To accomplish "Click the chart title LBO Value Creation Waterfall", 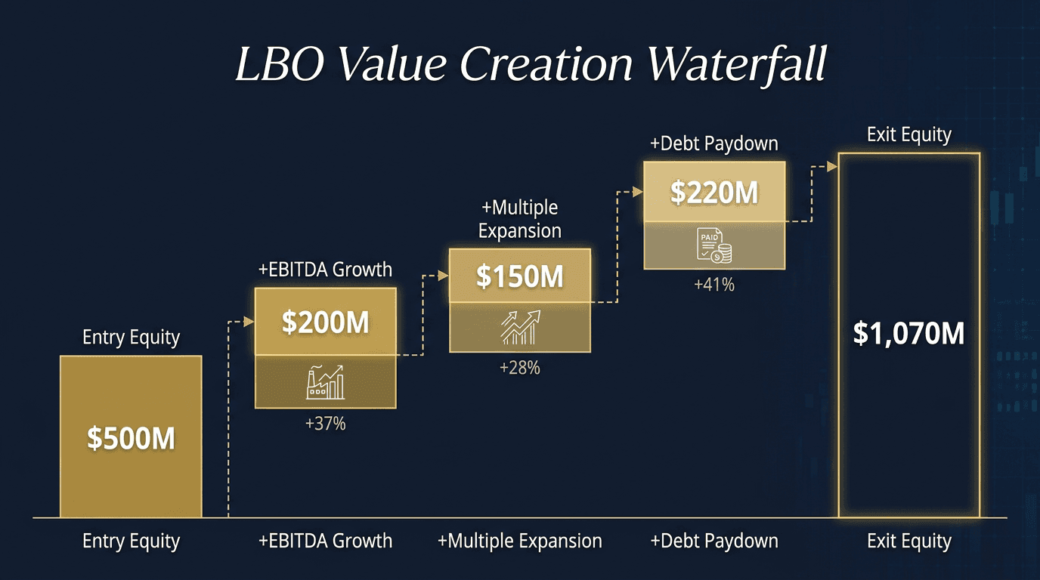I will (x=531, y=63).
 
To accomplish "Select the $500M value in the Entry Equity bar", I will (x=131, y=438).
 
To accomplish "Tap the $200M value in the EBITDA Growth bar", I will (x=325, y=322).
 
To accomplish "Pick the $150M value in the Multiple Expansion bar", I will (x=519, y=276).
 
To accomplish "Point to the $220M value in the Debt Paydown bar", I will (x=713, y=193).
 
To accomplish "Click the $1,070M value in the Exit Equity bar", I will (x=908, y=333).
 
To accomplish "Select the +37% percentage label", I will (x=325, y=424).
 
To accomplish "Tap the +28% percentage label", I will (x=519, y=369).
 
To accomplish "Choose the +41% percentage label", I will (x=713, y=285).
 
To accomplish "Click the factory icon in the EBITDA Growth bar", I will (x=325, y=382).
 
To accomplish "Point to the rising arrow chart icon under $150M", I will (x=520, y=326).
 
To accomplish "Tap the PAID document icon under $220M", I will (x=713, y=245).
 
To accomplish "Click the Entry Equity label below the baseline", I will (x=131, y=541).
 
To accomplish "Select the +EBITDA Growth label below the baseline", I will (x=325, y=541).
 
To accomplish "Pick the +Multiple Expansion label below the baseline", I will (x=519, y=541).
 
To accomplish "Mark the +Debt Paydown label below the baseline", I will (x=713, y=541).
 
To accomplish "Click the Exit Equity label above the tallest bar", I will (x=908, y=135).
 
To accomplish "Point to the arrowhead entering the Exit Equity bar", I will (x=832, y=166).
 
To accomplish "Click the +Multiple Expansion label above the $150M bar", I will (x=519, y=218).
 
